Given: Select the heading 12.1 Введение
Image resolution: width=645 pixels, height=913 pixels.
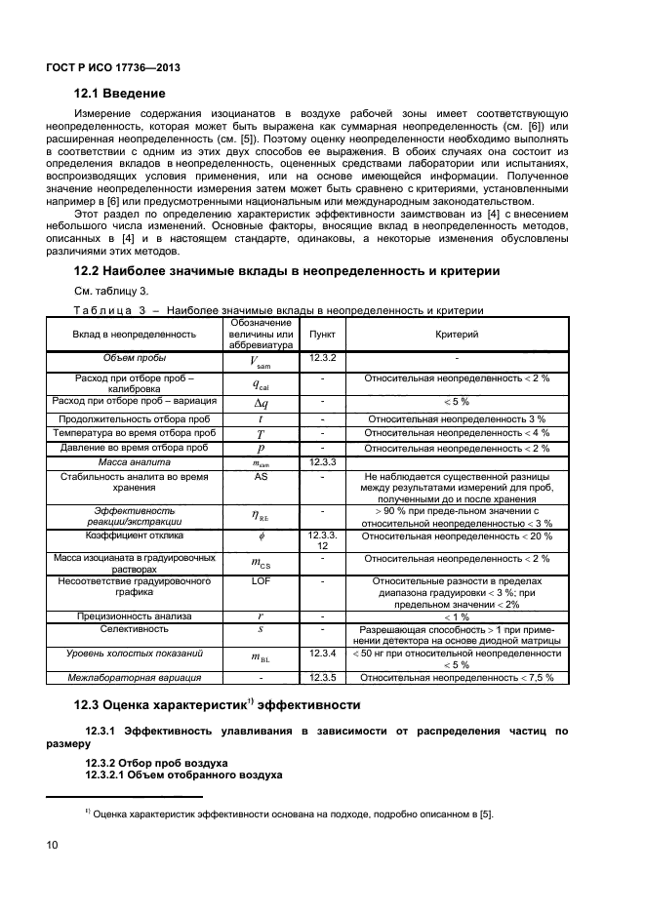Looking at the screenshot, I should (x=120, y=94).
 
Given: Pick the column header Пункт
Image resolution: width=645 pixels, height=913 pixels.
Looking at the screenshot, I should (x=322, y=334).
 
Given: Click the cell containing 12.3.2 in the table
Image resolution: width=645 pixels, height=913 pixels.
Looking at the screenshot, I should (x=322, y=358).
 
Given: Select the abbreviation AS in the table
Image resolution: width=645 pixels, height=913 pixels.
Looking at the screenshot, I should (x=261, y=477).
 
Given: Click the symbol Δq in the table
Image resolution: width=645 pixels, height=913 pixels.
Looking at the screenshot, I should (x=261, y=402).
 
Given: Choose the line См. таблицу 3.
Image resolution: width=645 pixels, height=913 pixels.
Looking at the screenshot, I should (x=111, y=292).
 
